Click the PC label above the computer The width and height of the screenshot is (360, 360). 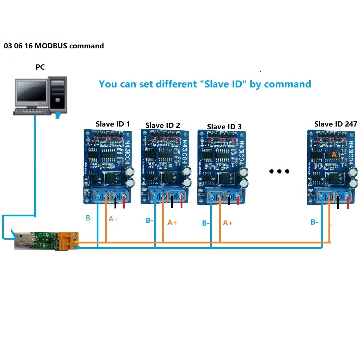pyautogui.click(x=40, y=67)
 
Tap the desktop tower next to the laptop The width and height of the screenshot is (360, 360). pyautogui.click(x=58, y=94)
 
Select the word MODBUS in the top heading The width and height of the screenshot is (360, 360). pyautogui.click(x=51, y=46)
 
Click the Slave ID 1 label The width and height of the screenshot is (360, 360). pyautogui.click(x=113, y=124)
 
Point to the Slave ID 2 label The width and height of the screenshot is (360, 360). pyautogui.click(x=163, y=125)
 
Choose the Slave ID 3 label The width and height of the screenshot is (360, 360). pyautogui.click(x=224, y=127)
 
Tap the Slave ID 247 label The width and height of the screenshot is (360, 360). pyautogui.click(x=336, y=124)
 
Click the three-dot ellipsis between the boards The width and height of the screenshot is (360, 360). pyautogui.click(x=279, y=171)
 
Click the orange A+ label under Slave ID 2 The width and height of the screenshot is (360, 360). pyautogui.click(x=172, y=223)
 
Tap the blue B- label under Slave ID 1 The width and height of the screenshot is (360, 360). pyautogui.click(x=89, y=218)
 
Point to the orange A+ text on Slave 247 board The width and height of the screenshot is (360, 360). pyautogui.click(x=336, y=155)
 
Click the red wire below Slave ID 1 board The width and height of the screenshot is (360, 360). pyautogui.click(x=124, y=205)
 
